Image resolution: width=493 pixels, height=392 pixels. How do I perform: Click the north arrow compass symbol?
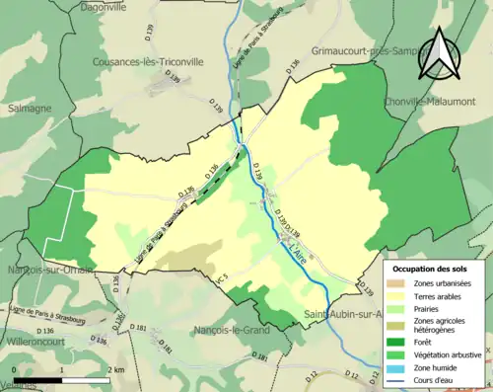pos(435,51)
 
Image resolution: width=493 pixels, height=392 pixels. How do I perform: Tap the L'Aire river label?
pos(300,253)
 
